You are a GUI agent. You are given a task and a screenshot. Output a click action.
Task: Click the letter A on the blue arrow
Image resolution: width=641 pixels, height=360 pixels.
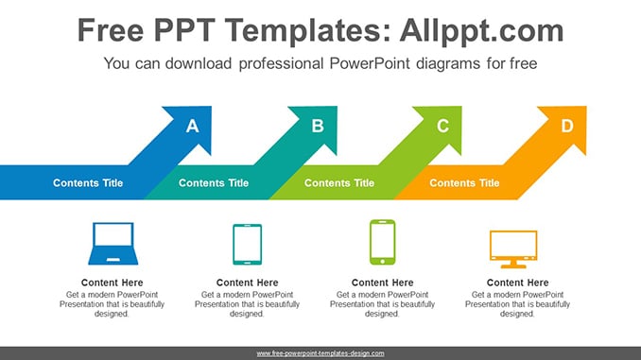(x=193, y=126)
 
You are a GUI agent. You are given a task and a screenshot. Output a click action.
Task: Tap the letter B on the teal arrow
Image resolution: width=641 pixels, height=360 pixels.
(x=318, y=126)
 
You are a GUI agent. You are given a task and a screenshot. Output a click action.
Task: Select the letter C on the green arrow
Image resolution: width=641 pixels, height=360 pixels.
(x=442, y=126)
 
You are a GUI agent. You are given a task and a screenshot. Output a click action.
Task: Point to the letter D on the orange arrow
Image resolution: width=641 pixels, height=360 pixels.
(x=567, y=126)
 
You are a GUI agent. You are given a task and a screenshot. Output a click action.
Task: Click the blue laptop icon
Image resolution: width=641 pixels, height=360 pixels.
(x=113, y=244)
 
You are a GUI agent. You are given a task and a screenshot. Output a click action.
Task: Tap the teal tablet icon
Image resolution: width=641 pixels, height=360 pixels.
(x=248, y=245)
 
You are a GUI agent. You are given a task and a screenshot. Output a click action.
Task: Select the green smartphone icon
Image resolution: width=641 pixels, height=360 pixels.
(x=382, y=242)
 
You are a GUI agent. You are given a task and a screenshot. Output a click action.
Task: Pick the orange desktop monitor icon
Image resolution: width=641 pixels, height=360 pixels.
(x=513, y=249)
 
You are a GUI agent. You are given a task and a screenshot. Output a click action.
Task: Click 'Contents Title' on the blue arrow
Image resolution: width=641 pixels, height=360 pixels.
(x=88, y=183)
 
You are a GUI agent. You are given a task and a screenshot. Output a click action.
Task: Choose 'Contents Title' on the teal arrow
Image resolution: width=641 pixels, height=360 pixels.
(x=214, y=183)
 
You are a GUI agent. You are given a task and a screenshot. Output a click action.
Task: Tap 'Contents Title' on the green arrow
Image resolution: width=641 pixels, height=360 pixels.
(x=339, y=183)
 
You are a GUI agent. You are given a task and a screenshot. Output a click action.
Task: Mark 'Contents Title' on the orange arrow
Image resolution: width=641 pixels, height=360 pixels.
(x=464, y=183)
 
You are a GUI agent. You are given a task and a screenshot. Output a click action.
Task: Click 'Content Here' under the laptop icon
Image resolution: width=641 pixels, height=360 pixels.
(x=112, y=283)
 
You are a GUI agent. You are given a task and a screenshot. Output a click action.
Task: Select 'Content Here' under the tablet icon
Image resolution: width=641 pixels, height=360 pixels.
(x=248, y=283)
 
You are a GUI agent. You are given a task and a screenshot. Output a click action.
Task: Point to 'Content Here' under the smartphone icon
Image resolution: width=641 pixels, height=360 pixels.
(x=383, y=283)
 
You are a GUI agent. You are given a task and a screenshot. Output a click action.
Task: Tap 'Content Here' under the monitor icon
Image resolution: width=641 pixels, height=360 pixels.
(x=518, y=283)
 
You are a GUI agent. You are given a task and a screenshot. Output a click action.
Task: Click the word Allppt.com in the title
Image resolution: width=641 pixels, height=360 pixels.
(x=482, y=30)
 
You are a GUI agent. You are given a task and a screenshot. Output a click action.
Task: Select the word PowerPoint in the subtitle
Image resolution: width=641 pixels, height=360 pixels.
(x=370, y=63)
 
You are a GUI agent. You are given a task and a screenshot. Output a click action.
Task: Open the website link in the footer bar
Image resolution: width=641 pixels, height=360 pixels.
(x=320, y=353)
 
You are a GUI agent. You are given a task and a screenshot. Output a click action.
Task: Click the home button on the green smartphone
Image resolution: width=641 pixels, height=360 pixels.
(x=382, y=261)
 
